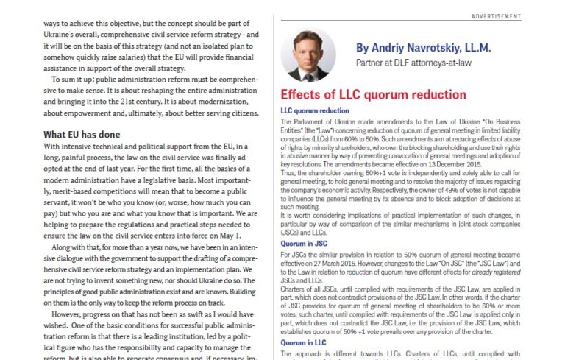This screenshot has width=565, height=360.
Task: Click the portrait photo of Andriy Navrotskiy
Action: click(308, 55)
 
